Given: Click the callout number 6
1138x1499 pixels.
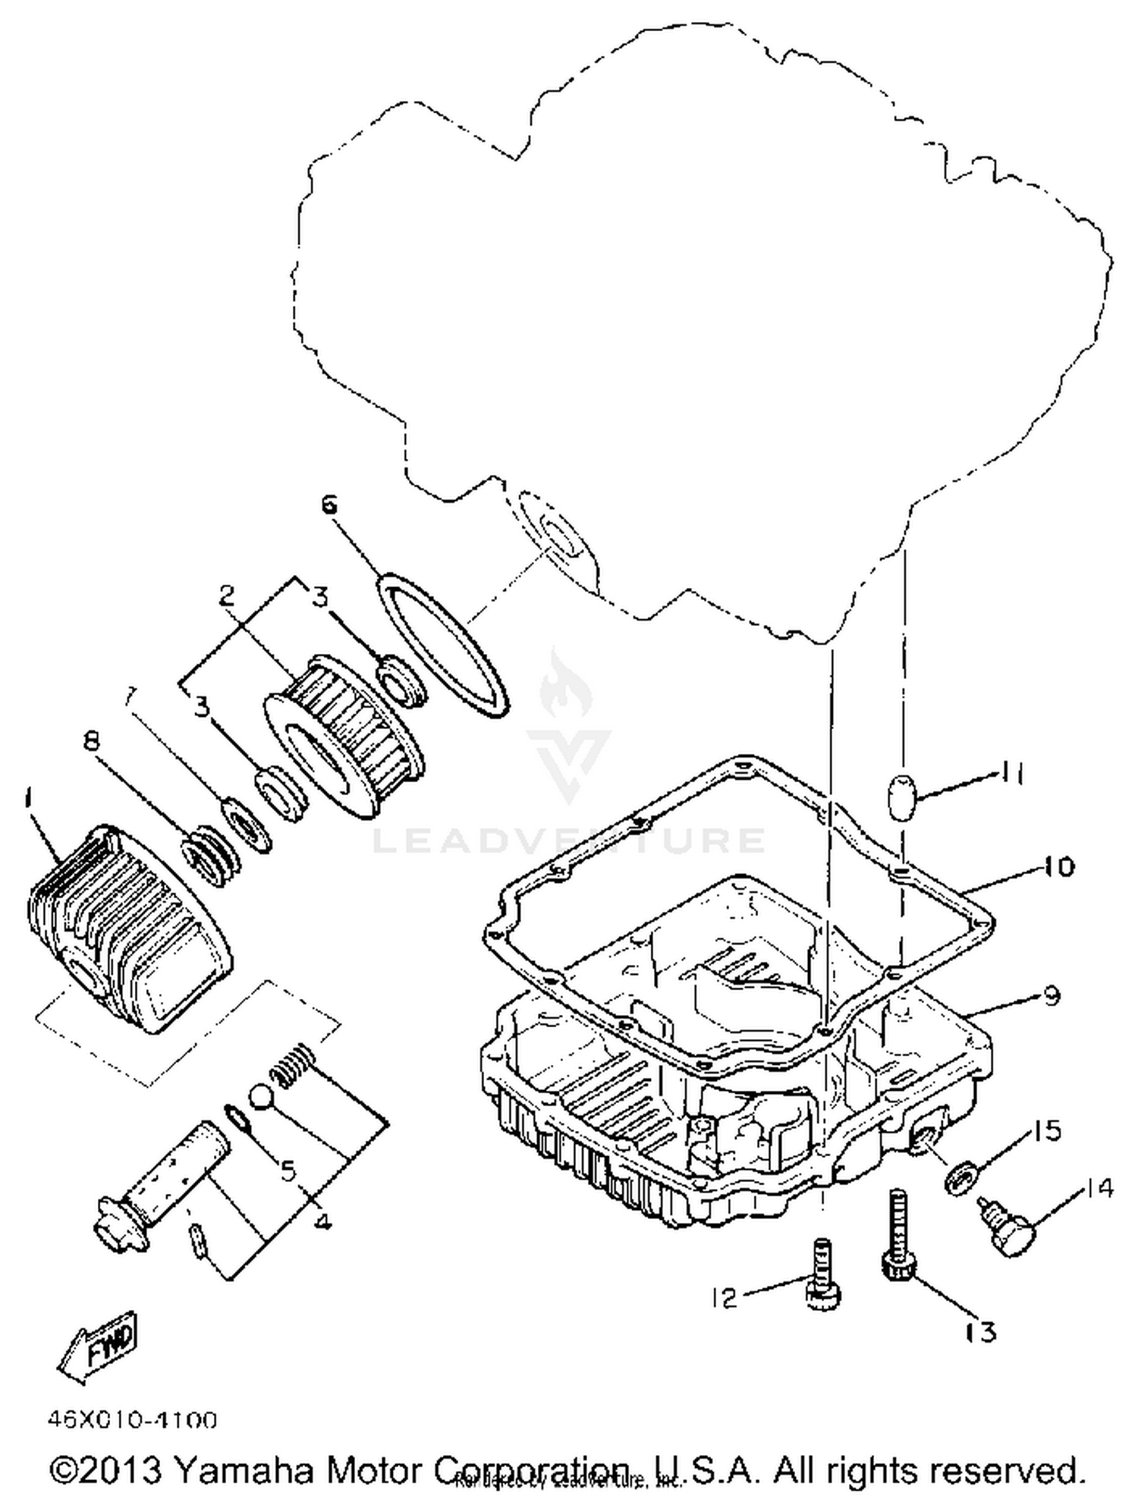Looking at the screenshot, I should click(329, 505).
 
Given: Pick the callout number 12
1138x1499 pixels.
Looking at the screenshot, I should click(725, 1298).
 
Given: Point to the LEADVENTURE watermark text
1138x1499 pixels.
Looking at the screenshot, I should click(569, 840).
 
